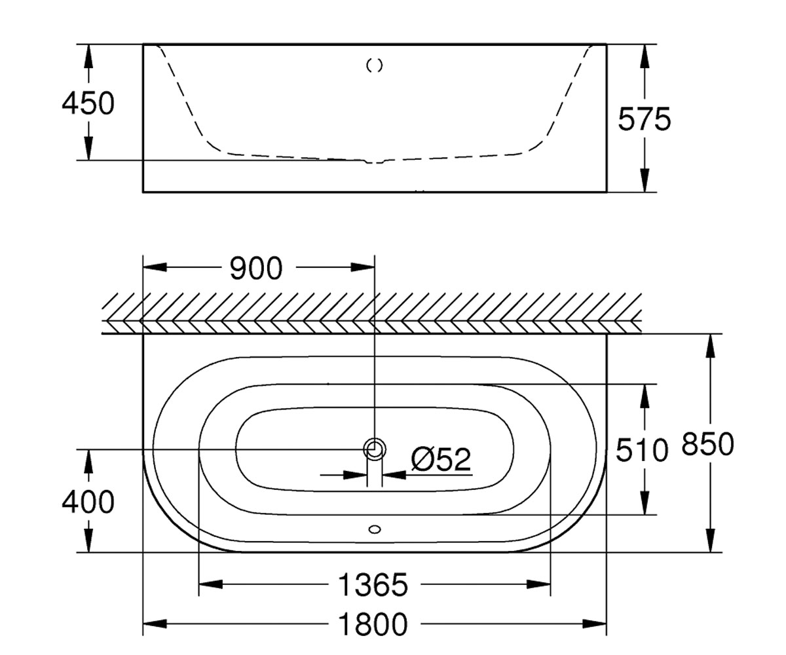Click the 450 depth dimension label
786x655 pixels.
(88, 103)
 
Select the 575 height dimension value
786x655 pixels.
(645, 119)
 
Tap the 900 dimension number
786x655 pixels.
(256, 268)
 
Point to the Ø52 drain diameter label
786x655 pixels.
(441, 459)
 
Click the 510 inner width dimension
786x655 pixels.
(642, 450)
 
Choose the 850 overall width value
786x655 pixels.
(707, 444)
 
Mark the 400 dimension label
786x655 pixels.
(88, 502)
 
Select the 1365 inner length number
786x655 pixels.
(373, 585)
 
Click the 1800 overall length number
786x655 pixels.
(373, 624)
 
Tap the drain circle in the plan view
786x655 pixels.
(375, 449)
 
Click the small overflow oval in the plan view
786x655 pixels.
(375, 530)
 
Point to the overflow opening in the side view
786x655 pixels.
(375, 65)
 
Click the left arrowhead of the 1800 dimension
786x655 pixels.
(155, 624)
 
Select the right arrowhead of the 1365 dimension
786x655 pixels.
(538, 584)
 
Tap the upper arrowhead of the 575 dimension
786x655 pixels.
(645, 56)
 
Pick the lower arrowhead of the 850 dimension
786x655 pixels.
(710, 540)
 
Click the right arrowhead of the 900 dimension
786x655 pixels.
(362, 267)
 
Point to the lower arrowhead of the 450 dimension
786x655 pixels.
(88, 148)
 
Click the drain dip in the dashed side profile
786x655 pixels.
(374, 162)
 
